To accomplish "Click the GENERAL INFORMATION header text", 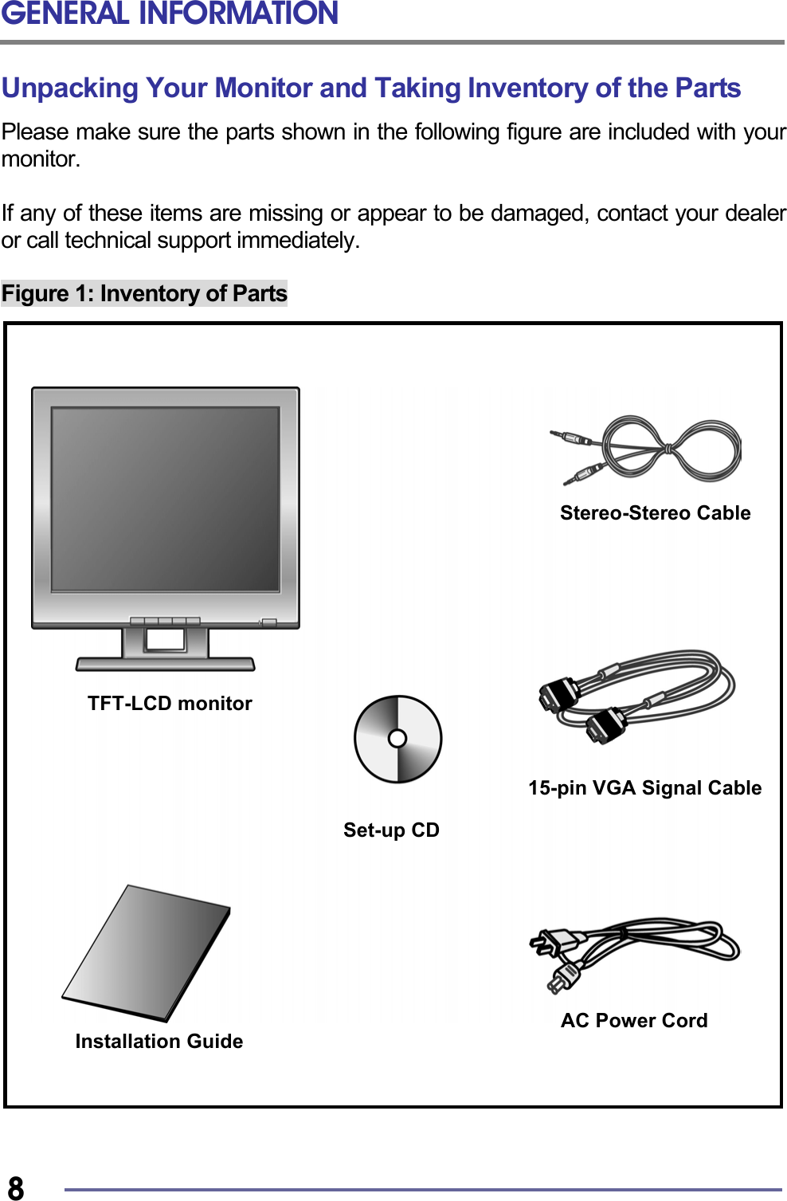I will click(170, 14).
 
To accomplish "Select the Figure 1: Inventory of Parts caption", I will click(144, 293).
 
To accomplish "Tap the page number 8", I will click(15, 1187).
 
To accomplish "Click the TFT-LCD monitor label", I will click(170, 703).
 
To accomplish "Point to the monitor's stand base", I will click(165, 664).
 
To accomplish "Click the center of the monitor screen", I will click(166, 499).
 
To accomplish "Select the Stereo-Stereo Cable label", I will click(655, 512).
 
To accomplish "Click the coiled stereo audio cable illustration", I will click(669, 449).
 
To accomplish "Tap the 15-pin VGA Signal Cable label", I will click(644, 787).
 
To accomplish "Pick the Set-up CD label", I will click(391, 830).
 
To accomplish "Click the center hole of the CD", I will click(397, 739).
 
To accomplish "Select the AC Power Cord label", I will click(634, 1020).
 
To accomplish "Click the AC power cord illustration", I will click(637, 948).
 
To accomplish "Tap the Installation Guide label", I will click(159, 1041).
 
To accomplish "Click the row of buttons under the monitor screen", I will click(165, 621).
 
